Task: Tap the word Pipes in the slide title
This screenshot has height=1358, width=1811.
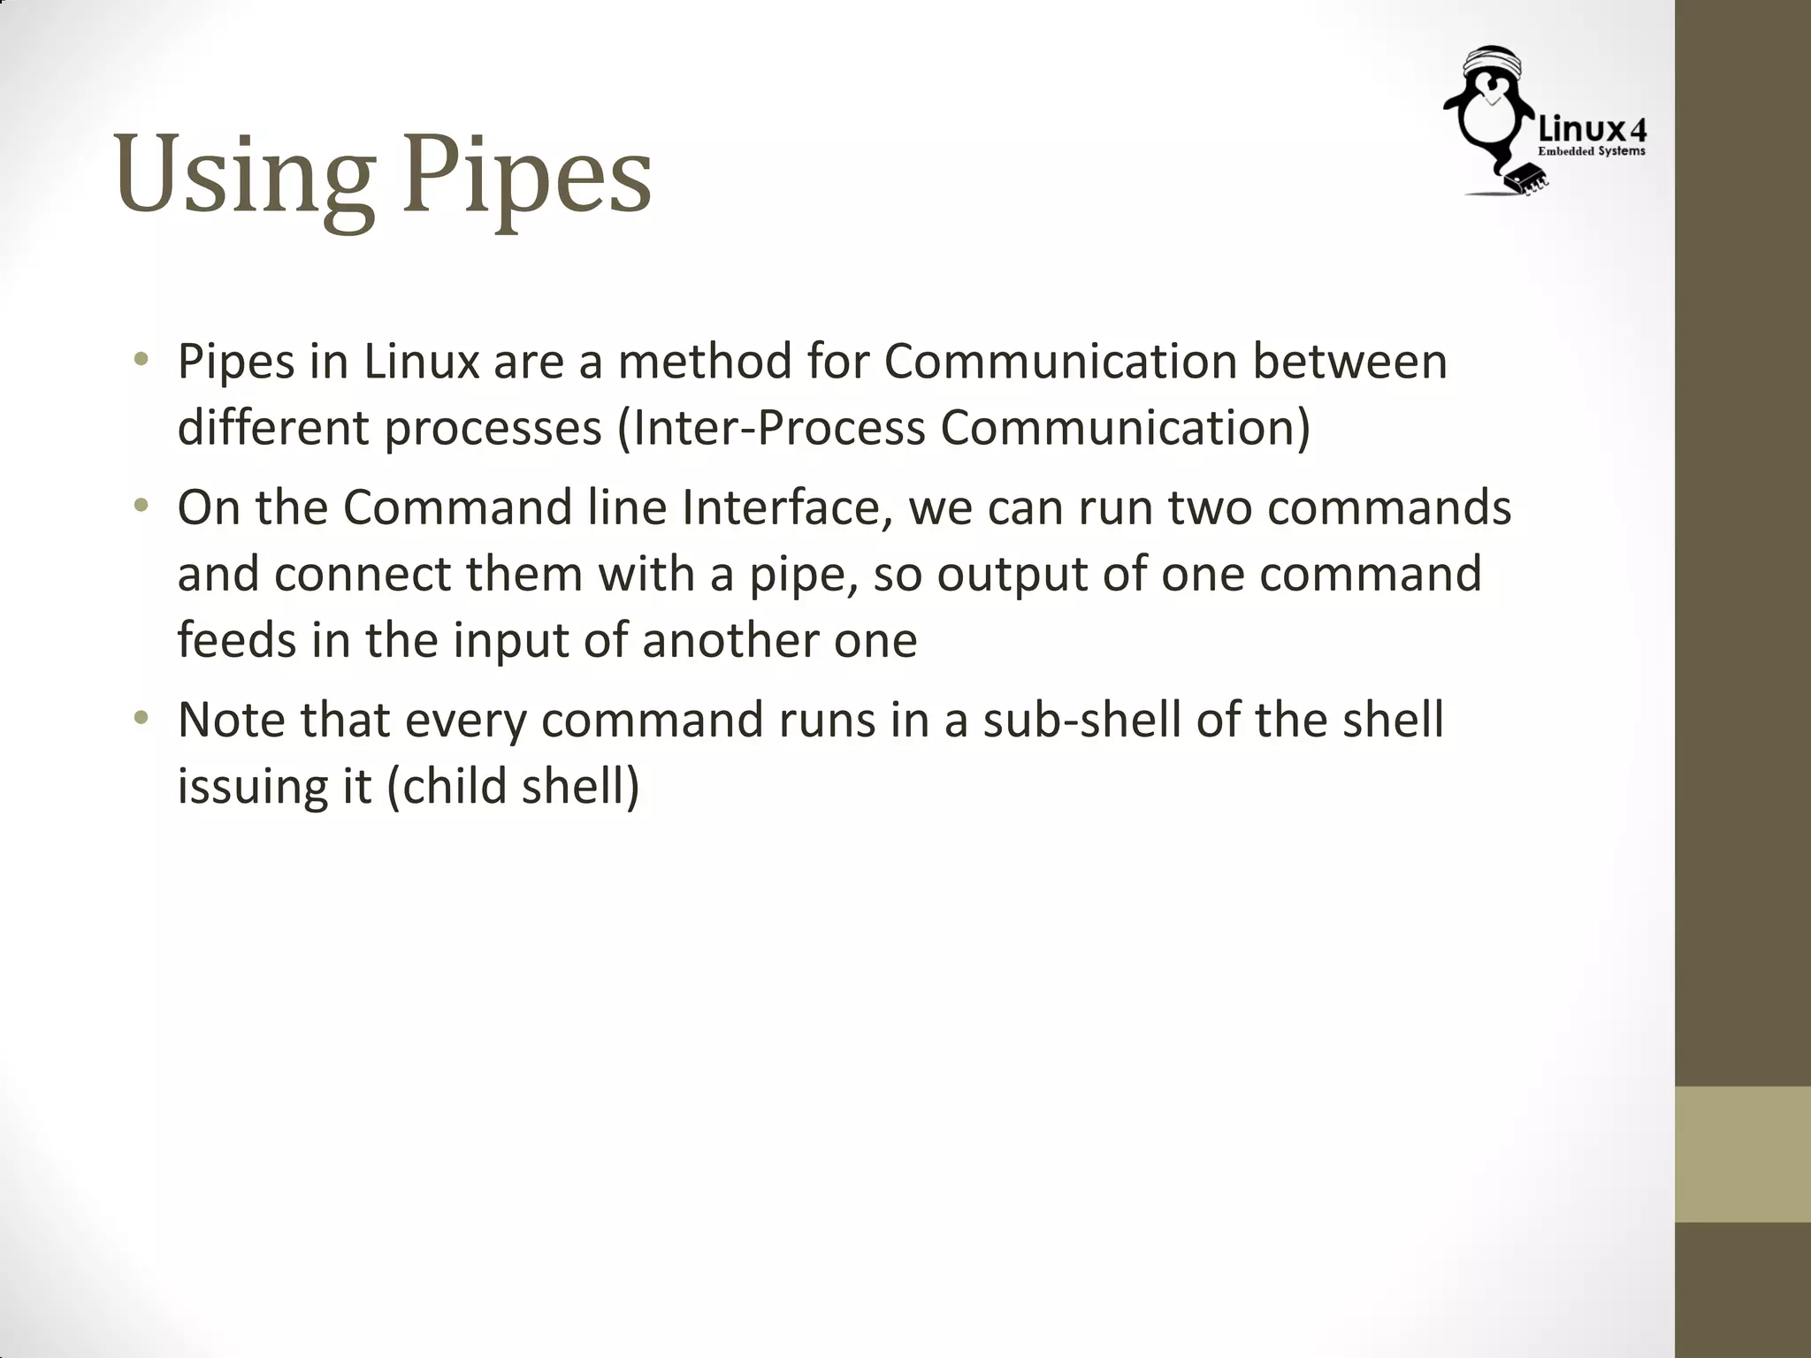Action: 527,177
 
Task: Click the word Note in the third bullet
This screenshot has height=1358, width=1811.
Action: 231,720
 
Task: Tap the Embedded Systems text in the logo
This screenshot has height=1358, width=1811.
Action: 1592,152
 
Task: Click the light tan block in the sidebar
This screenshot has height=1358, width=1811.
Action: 1743,1154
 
